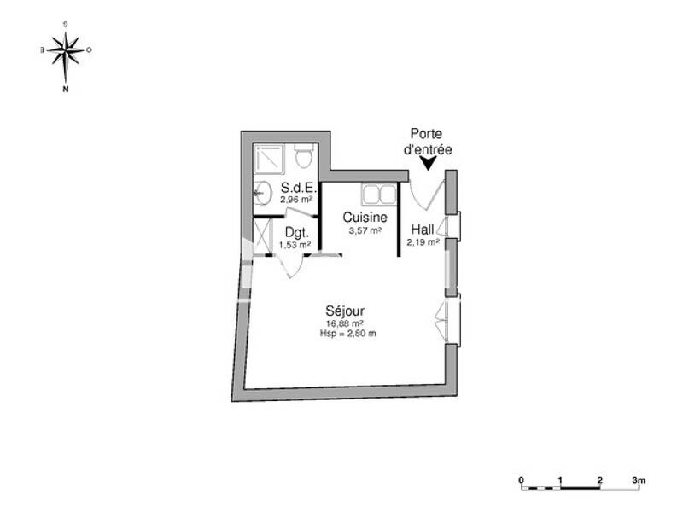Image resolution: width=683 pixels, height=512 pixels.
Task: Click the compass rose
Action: [x=66, y=51]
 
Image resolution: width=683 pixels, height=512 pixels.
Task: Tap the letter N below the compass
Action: [x=66, y=87]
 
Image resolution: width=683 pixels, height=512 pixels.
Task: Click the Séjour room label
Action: [x=345, y=311]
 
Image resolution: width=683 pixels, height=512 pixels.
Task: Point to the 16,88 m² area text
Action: [x=345, y=323]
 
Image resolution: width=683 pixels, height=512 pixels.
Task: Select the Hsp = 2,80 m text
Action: [x=345, y=334]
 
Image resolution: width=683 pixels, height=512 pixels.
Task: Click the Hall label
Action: [x=423, y=229]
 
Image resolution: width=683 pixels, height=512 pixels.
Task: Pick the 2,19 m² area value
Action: [x=423, y=241]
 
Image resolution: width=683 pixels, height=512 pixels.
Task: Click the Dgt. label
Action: [x=295, y=233]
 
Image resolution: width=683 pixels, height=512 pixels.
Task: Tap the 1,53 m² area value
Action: [x=295, y=246]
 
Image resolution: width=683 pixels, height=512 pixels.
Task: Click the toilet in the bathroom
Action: [x=303, y=157]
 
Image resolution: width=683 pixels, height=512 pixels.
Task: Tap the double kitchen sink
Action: [x=377, y=194]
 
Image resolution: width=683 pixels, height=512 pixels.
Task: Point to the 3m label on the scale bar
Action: [x=639, y=481]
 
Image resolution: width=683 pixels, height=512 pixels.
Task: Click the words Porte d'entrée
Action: [x=428, y=141]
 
